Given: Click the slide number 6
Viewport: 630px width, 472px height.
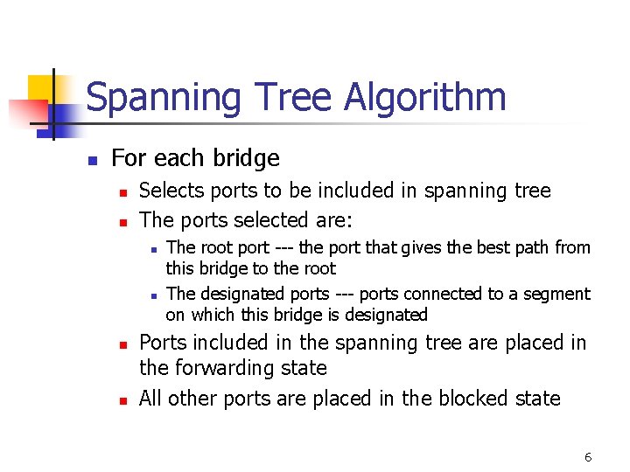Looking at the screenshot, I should tap(588, 457).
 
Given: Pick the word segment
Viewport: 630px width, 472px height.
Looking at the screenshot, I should tap(559, 294).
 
